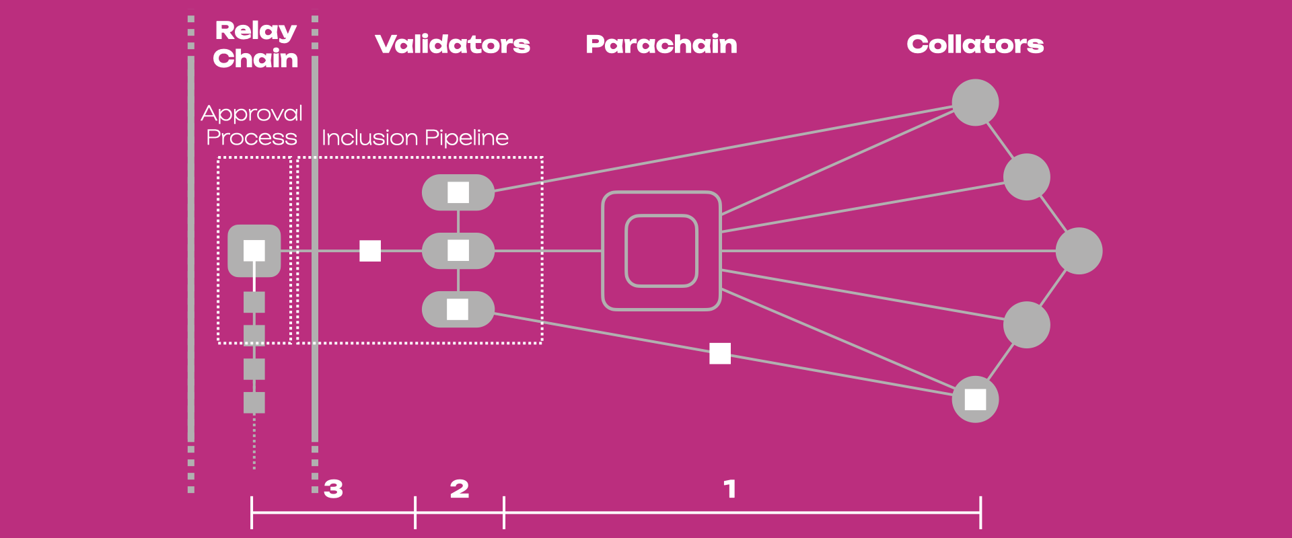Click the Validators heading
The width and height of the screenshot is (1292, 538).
tap(453, 44)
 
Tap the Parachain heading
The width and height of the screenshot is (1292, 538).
tap(661, 44)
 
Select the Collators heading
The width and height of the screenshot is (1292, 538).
tap(975, 44)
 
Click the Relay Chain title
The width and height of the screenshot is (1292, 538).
tap(256, 44)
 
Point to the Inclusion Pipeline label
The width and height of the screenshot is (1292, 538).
tap(415, 137)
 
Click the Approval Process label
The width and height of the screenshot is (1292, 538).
tap(252, 125)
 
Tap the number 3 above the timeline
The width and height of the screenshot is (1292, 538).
tap(333, 489)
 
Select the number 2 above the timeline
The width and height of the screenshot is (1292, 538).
tap(460, 489)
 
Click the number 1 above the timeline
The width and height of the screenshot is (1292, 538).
tap(730, 489)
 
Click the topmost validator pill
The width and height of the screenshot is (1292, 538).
tap(458, 192)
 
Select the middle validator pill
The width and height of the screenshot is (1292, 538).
tap(458, 251)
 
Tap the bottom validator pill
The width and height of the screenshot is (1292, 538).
tap(458, 309)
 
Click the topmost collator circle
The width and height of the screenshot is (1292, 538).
tap(975, 102)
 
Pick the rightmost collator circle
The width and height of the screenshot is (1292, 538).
tap(1079, 251)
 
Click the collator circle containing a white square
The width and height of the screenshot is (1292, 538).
tap(975, 399)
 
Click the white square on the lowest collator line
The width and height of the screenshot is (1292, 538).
tap(720, 353)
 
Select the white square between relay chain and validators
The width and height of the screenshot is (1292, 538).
tap(370, 251)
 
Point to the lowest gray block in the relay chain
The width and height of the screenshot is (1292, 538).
tap(254, 403)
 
